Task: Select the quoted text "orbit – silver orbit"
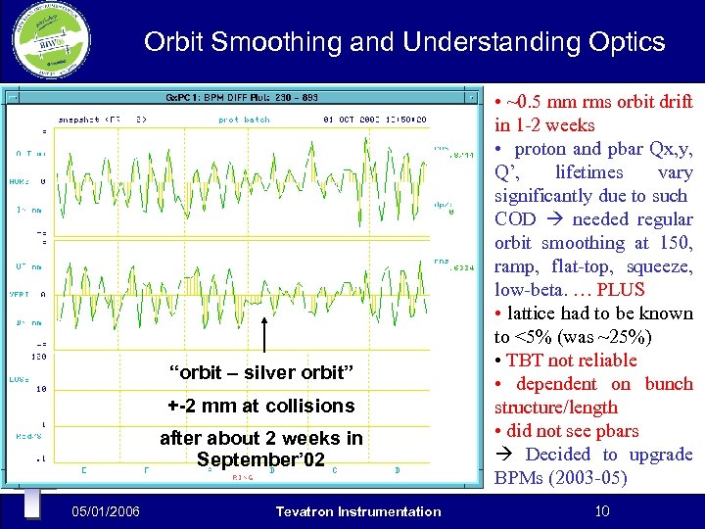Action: pos(260,372)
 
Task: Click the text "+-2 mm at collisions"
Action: pos(260,406)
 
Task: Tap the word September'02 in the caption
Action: pos(261,459)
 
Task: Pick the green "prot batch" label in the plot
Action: pos(244,120)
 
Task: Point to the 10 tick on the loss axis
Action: pos(41,389)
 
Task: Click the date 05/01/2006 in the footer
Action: pos(105,510)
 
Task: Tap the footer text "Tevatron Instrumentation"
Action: pos(358,510)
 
